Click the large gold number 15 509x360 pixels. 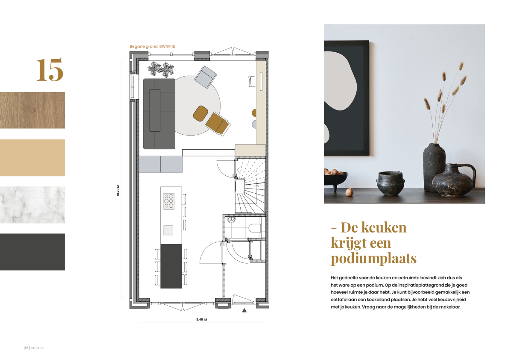[x=50, y=69]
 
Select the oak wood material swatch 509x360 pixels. [x=32, y=110]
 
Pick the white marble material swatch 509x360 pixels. [x=32, y=204]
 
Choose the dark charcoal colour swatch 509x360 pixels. [x=32, y=252]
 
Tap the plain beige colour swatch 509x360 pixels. [x=32, y=158]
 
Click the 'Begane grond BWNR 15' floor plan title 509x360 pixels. [x=152, y=46]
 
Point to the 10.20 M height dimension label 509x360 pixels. [x=118, y=190]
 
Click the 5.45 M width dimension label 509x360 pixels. [x=202, y=319]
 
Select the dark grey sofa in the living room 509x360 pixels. [x=159, y=114]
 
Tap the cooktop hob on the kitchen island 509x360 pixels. [x=169, y=201]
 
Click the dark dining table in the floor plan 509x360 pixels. [x=171, y=266]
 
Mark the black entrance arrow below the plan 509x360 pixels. [x=244, y=310]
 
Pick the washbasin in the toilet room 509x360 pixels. [x=231, y=220]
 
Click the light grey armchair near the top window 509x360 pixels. [x=205, y=77]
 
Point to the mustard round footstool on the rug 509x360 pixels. [x=201, y=113]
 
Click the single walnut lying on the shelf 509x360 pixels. [x=349, y=192]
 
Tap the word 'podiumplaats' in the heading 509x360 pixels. [x=374, y=258]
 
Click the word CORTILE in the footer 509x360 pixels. [x=37, y=348]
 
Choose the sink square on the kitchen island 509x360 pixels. [x=168, y=230]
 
